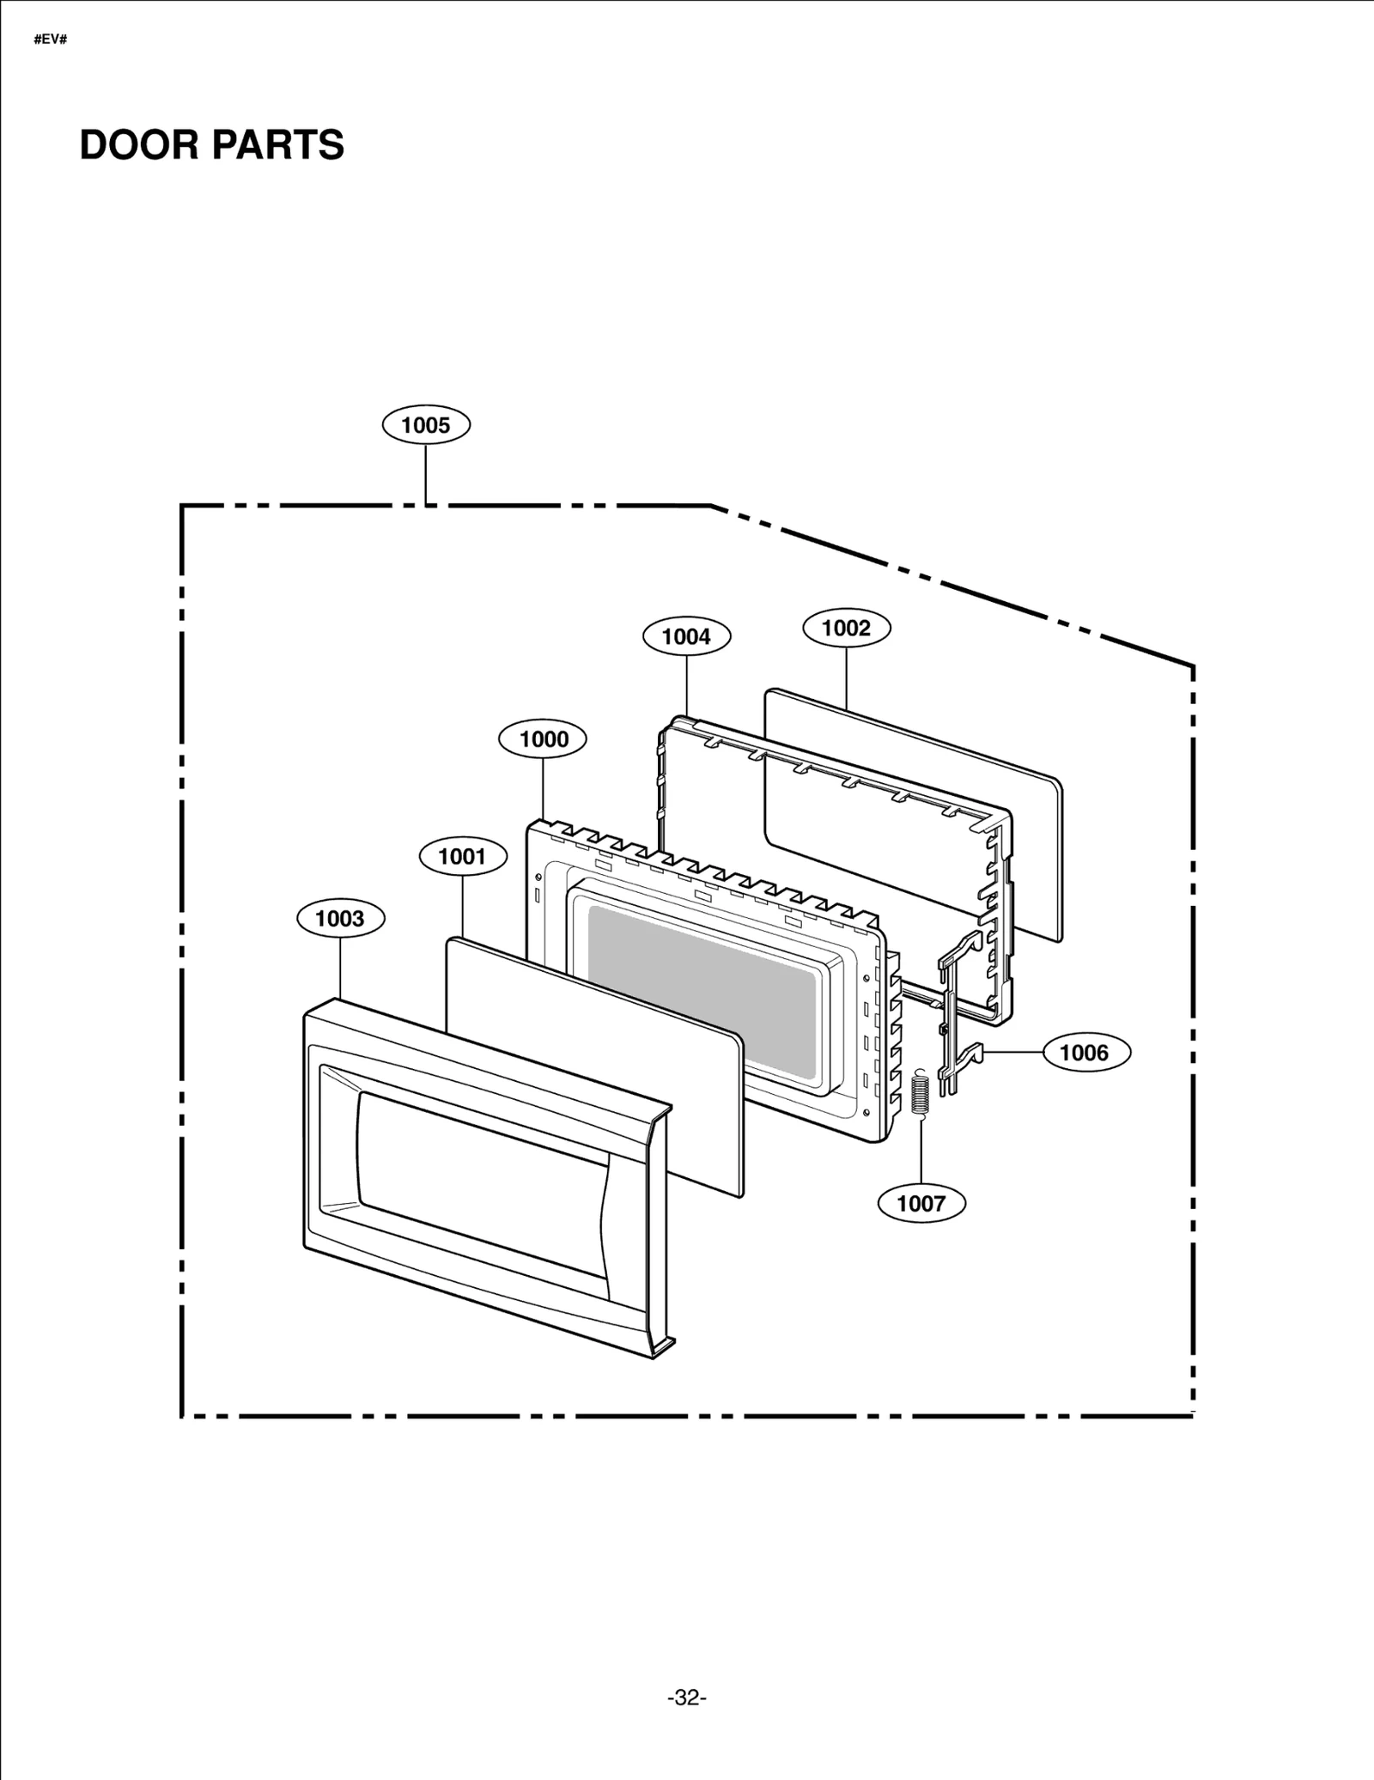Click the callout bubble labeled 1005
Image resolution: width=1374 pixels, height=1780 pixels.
(x=425, y=425)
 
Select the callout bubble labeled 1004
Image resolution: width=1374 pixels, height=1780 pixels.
(x=686, y=636)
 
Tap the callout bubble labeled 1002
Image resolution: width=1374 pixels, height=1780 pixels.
(x=846, y=628)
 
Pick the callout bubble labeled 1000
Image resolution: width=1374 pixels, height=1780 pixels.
(x=544, y=739)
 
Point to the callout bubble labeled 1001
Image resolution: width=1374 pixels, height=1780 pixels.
(x=462, y=856)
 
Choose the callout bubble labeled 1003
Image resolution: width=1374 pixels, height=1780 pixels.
(x=340, y=918)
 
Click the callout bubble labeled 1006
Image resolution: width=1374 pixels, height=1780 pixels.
(x=1085, y=1052)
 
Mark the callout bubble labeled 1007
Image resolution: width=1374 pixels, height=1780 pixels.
(x=921, y=1203)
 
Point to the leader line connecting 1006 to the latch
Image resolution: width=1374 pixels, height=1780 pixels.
(x=1013, y=1052)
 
